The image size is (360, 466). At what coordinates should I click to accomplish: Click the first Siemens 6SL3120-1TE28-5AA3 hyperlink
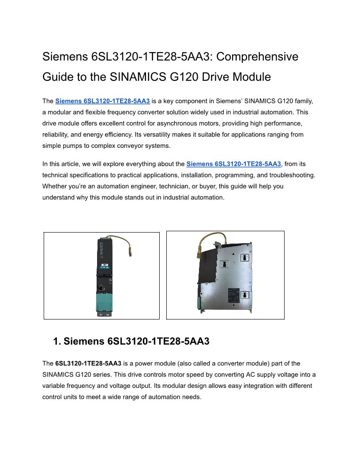pos(102,101)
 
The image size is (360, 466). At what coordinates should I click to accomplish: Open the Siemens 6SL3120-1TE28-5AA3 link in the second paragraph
pos(233,164)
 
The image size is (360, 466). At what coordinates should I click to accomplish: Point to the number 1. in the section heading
pos(57,341)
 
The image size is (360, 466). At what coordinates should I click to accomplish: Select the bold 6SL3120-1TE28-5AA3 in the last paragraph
pos(88,364)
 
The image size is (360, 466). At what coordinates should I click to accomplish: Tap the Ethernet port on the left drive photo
pos(101,287)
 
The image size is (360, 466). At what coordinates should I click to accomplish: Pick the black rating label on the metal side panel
pos(232,295)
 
